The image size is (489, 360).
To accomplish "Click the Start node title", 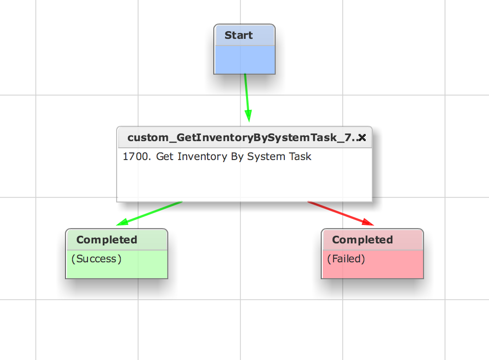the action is tap(238, 35).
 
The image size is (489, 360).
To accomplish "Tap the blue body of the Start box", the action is tap(244, 60).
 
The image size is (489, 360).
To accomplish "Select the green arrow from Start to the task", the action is tap(247, 98).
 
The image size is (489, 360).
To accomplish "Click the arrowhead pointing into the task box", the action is tap(248, 116).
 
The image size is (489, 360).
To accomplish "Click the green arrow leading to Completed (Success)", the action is tap(149, 214).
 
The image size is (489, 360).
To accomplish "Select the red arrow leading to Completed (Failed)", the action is tap(341, 214).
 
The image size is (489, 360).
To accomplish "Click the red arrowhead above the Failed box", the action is tap(368, 222).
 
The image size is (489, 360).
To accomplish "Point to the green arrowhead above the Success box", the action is tap(122, 222).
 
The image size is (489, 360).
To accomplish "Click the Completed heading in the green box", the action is tap(107, 240).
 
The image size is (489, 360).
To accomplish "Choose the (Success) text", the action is tap(96, 259).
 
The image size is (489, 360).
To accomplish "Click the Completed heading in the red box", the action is tap(362, 240).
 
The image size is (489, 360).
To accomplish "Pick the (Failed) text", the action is tap(346, 259).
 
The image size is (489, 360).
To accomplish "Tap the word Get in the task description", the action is tap(165, 156).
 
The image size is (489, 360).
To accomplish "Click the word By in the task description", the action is tap(237, 156).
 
